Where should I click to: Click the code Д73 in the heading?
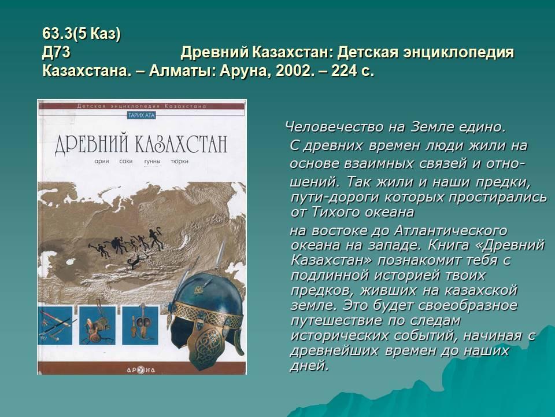tap(56, 53)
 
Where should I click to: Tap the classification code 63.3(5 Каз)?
tap(82, 34)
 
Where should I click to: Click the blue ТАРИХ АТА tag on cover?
tap(142, 115)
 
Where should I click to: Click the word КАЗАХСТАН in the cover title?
tap(180, 143)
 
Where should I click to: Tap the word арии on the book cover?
tap(102, 162)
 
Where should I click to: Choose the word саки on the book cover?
tap(125, 162)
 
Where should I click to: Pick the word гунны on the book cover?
tap(152, 162)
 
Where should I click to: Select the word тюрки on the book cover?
tap(179, 162)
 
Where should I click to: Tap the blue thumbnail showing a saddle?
tap(97, 325)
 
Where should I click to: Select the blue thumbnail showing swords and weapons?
tap(55, 325)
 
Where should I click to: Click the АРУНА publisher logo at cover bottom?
tap(141, 370)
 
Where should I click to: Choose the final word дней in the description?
tap(309, 365)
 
